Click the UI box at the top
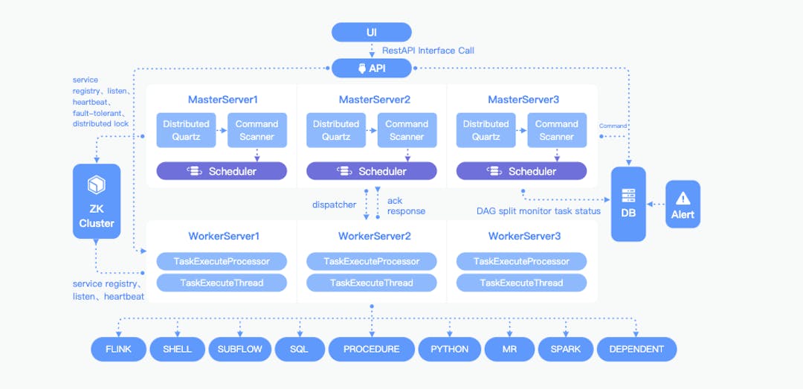click(x=371, y=32)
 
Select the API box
click(x=371, y=68)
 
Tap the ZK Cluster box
click(x=97, y=202)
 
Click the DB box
click(x=628, y=204)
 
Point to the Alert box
click(x=683, y=204)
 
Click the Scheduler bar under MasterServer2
click(x=372, y=171)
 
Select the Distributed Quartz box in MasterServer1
click(x=186, y=130)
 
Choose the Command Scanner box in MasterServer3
click(x=556, y=130)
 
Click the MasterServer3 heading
click(x=523, y=100)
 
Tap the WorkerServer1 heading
click(x=223, y=237)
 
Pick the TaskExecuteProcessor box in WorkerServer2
click(x=372, y=261)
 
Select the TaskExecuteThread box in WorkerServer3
click(x=521, y=283)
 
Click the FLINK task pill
click(x=118, y=349)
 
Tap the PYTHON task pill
click(x=449, y=349)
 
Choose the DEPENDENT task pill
click(x=636, y=349)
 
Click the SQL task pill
click(x=299, y=349)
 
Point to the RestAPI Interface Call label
click(x=428, y=51)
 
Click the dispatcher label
click(x=334, y=205)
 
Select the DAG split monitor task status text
click(x=538, y=211)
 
